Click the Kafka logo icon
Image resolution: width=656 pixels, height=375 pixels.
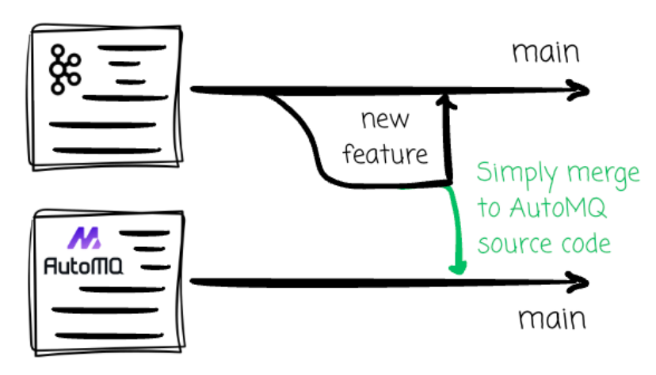[x=63, y=70]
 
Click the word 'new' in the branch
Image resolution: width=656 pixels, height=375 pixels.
[x=385, y=120]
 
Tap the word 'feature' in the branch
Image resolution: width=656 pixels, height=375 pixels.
[x=385, y=153]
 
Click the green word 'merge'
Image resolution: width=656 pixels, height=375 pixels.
[x=603, y=174]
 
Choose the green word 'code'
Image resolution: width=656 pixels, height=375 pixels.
[x=593, y=243]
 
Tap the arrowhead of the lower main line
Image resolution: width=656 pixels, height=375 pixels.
[x=581, y=282]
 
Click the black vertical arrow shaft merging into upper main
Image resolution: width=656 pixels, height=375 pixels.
[x=449, y=142]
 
